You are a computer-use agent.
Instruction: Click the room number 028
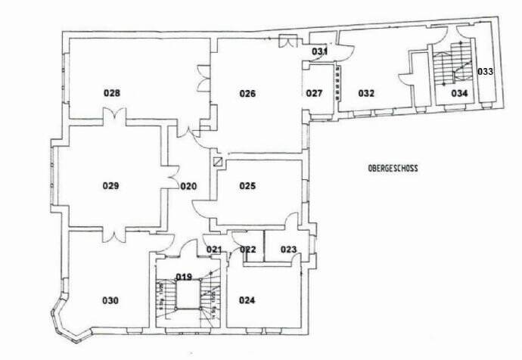click(x=112, y=93)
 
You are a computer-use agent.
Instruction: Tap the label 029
click(x=112, y=185)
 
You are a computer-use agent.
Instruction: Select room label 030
click(x=110, y=300)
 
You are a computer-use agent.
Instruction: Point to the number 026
click(x=247, y=94)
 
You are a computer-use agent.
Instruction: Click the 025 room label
click(x=247, y=185)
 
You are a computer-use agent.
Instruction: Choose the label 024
click(x=247, y=300)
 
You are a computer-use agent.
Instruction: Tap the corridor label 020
click(x=188, y=185)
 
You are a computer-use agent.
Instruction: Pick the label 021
click(x=213, y=250)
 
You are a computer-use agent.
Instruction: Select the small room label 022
click(x=247, y=250)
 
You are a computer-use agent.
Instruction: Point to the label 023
click(x=288, y=250)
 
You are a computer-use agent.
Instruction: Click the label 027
click(x=315, y=94)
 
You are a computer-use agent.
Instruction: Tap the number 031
click(x=320, y=51)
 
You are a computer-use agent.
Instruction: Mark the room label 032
click(x=366, y=94)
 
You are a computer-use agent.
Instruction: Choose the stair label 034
click(x=459, y=93)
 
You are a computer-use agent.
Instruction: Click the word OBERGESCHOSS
click(x=393, y=169)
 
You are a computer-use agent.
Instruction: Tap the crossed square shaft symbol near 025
click(x=219, y=162)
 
